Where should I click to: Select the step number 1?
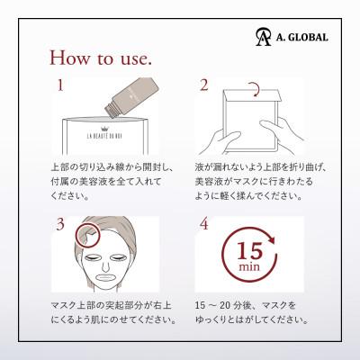(61, 87)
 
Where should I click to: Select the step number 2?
(204, 87)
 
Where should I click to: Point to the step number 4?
(204, 225)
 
